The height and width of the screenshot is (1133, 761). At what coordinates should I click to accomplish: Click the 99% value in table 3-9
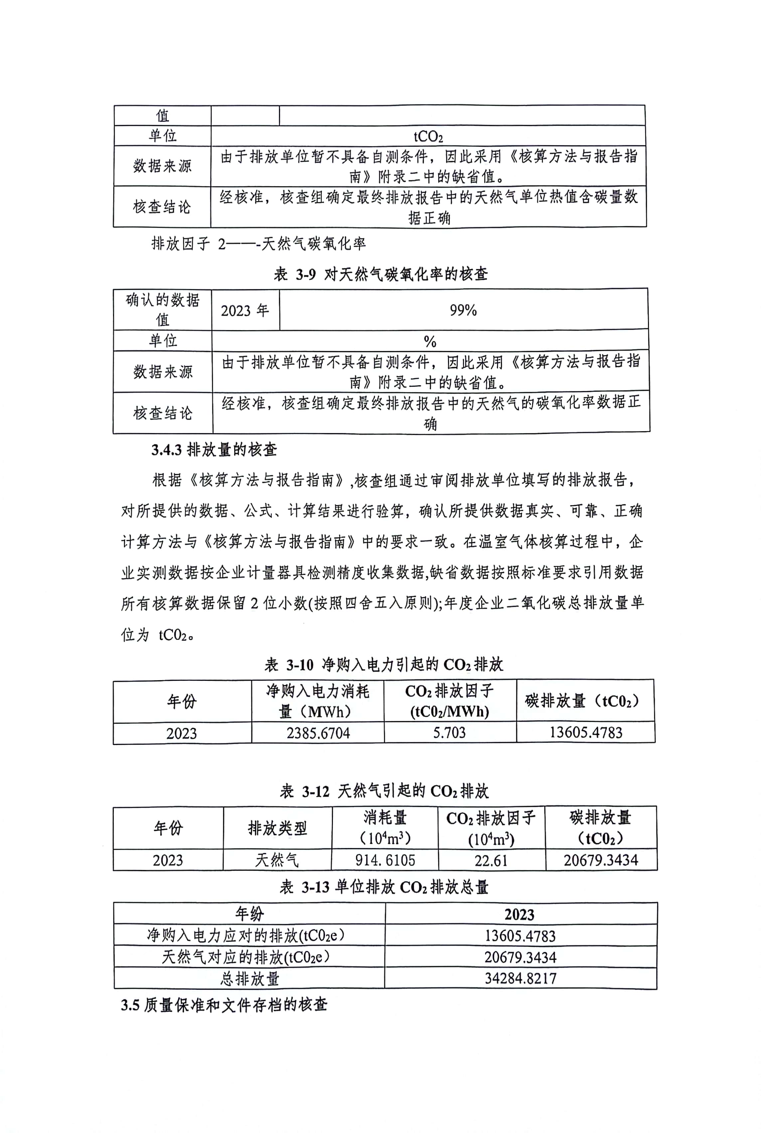pos(463,310)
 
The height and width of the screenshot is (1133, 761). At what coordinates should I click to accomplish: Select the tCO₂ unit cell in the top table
pos(428,136)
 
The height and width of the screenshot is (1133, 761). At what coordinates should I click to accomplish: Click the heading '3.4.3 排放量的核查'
pos(214,449)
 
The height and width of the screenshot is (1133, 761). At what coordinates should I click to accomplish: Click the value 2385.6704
pos(318,733)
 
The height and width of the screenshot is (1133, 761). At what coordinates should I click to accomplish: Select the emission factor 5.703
pos(449,732)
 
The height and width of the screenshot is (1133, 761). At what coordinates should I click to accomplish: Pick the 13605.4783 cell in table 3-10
pos(585,732)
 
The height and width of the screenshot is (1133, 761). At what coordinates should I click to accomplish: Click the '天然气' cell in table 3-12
pos(277,860)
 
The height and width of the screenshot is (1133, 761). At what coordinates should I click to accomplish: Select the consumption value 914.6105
pos(385,860)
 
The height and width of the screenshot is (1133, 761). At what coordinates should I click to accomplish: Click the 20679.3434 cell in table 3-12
pos(600,860)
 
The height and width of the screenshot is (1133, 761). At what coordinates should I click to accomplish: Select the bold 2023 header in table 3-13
pos(519,914)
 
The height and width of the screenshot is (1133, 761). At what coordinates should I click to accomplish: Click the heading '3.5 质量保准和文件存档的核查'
pos(224,1004)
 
